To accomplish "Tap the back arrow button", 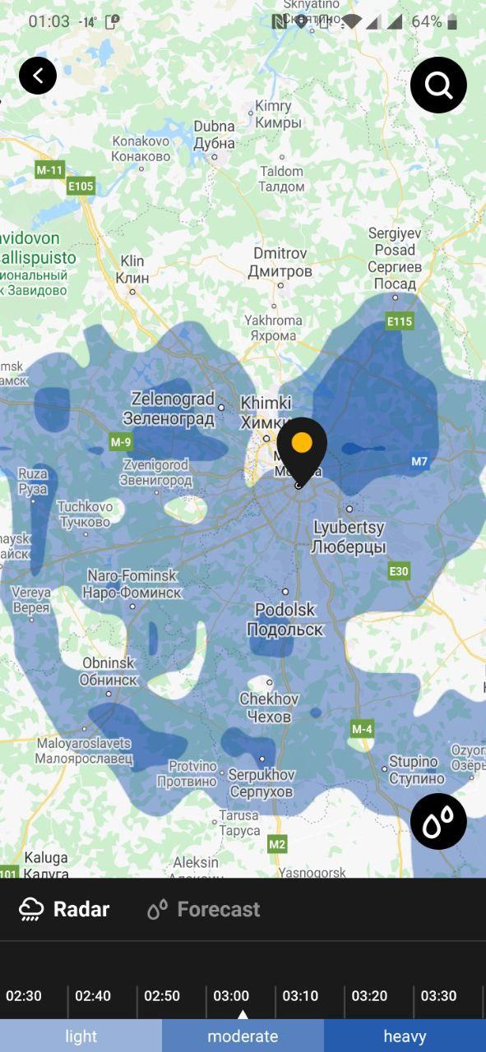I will pyautogui.click(x=38, y=76).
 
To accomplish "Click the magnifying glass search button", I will pyautogui.click(x=438, y=85).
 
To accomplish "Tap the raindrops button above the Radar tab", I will pyautogui.click(x=438, y=821).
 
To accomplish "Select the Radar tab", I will pyautogui.click(x=65, y=909).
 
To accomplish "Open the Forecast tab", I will pyautogui.click(x=204, y=909).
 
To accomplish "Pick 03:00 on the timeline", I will pyautogui.click(x=231, y=996).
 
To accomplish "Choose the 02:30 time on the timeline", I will pyautogui.click(x=24, y=996).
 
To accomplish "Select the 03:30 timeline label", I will pyautogui.click(x=438, y=996).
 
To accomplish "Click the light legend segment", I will pyautogui.click(x=81, y=1036).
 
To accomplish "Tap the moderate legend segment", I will pyautogui.click(x=243, y=1036).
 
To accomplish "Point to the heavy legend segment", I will pyautogui.click(x=405, y=1036).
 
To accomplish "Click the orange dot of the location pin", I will pyautogui.click(x=302, y=442).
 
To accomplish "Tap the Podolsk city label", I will pyautogui.click(x=285, y=620).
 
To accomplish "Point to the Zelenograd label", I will pyautogui.click(x=173, y=408).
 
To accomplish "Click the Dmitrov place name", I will pyautogui.click(x=280, y=262).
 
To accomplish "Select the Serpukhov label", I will pyautogui.click(x=261, y=783).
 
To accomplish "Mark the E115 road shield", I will pyautogui.click(x=400, y=321).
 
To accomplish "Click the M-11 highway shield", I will pyautogui.click(x=49, y=170).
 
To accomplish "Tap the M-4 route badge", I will pyautogui.click(x=362, y=729).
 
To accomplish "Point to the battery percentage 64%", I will pyautogui.click(x=426, y=21).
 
